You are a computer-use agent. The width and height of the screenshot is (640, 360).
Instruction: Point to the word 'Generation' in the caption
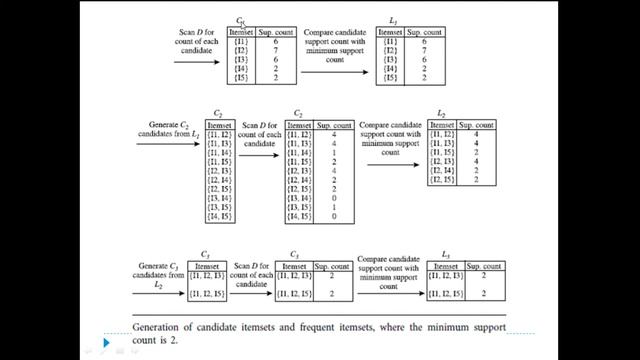point(161,326)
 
